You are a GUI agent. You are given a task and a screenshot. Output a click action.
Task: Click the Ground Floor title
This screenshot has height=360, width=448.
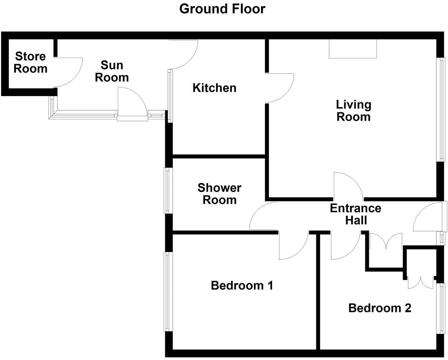coord(222,9)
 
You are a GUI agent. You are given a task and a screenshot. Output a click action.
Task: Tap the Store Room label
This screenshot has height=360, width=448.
coord(30,62)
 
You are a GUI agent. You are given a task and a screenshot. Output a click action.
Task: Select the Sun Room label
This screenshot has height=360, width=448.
coord(112,71)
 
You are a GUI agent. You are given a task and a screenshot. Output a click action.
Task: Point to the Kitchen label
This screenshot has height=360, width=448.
coord(214,88)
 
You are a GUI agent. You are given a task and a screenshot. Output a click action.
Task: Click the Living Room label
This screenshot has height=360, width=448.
coord(353,110)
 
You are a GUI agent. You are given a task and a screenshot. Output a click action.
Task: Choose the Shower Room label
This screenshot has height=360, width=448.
coord(220,194)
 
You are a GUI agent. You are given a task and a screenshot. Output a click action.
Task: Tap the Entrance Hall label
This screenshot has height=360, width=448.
coord(356,214)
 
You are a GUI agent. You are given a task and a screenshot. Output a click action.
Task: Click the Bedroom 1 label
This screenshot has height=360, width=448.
coord(242,286)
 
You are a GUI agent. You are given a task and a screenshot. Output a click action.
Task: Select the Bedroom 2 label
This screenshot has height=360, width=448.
coord(380,308)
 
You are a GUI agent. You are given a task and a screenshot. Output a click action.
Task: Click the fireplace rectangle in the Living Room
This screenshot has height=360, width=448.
coord(353,49)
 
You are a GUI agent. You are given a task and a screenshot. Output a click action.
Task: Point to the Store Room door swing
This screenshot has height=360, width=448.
coord(69,72)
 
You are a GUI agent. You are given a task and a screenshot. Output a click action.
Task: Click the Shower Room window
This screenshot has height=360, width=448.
coord(168,191)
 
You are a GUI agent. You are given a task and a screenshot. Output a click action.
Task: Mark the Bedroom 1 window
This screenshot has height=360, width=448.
coord(168,291)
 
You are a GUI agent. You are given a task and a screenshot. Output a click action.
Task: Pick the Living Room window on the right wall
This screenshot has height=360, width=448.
coord(441,109)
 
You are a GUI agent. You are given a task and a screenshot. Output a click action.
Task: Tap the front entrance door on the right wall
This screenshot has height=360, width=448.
coord(429,217)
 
